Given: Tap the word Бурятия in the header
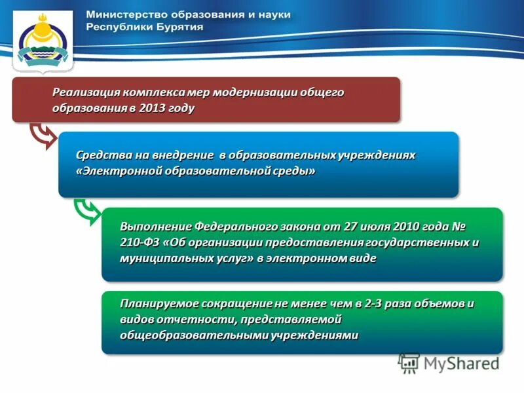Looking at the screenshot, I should (x=179, y=27).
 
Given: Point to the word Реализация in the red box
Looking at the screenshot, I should (x=83, y=92).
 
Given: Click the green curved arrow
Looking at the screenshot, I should (x=86, y=211).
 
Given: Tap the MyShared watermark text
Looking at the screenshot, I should (x=458, y=362).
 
